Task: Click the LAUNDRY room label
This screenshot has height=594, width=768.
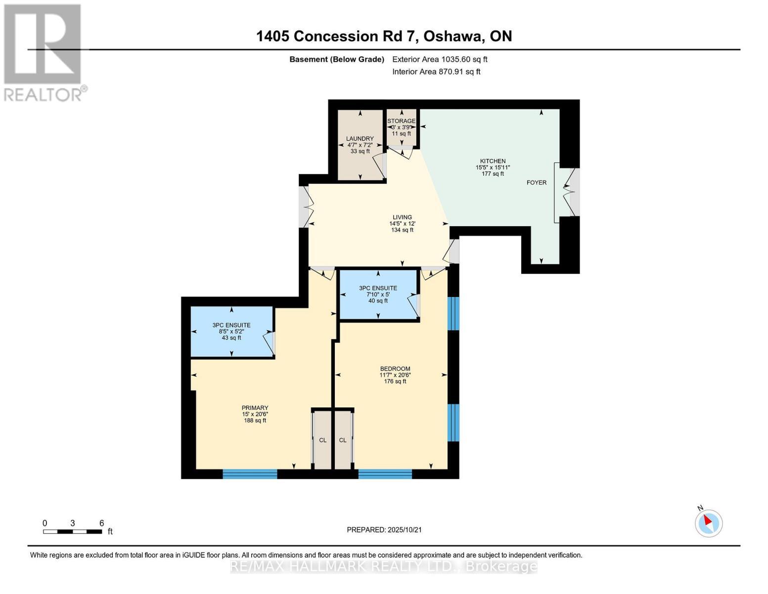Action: [x=360, y=139]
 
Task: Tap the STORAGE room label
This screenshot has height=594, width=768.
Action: [x=401, y=121]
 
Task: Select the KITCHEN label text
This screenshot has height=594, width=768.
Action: [x=493, y=161]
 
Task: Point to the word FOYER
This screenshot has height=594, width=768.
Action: [x=537, y=183]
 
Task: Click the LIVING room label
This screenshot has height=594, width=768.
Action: [x=402, y=217]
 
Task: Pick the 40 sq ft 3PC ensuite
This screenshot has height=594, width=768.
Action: [x=378, y=294]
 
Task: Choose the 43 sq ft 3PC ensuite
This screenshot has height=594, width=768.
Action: [x=231, y=331]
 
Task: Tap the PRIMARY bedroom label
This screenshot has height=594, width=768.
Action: [x=255, y=408]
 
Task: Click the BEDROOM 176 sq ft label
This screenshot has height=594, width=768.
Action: [x=395, y=369]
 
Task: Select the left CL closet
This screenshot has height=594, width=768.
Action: [x=322, y=440]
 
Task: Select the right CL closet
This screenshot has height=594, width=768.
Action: [x=343, y=440]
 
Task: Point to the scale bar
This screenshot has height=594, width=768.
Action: [x=73, y=532]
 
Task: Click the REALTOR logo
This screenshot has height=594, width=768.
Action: [x=44, y=52]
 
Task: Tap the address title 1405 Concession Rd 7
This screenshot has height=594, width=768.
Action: [x=384, y=36]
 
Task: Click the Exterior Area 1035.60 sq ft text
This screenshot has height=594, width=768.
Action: [x=440, y=59]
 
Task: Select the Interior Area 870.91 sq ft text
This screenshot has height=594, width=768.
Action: [x=436, y=72]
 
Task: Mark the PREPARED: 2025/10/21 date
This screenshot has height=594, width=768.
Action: [x=384, y=530]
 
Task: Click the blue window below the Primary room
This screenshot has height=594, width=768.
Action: [x=250, y=474]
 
